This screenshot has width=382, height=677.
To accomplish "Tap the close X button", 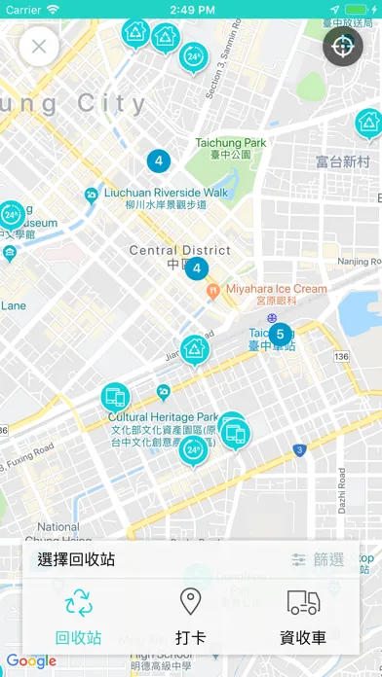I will (39, 46).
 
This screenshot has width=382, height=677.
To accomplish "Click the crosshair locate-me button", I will (343, 46).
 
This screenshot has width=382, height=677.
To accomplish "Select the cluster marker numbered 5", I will (280, 334).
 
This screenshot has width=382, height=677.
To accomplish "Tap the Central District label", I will (180, 251).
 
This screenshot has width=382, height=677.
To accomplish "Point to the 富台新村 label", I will (343, 161).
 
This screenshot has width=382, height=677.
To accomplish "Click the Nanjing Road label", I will (360, 262).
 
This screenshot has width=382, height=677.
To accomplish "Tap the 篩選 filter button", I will (319, 559).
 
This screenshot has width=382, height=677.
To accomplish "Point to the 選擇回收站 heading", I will (77, 559).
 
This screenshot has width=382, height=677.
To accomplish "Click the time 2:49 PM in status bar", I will (191, 9).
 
